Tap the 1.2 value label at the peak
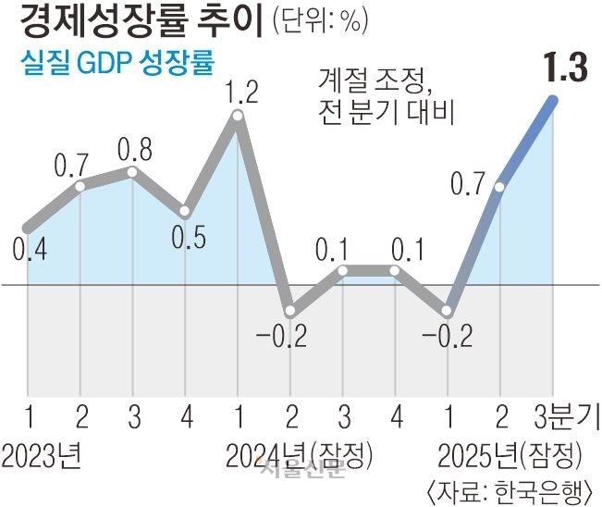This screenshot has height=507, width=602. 238,93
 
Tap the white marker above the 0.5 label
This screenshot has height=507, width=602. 185,211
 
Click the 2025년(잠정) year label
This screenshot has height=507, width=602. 510,455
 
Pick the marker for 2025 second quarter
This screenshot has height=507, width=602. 500,187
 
